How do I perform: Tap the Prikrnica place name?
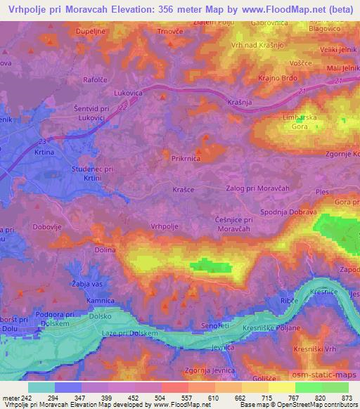coord(187,160)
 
